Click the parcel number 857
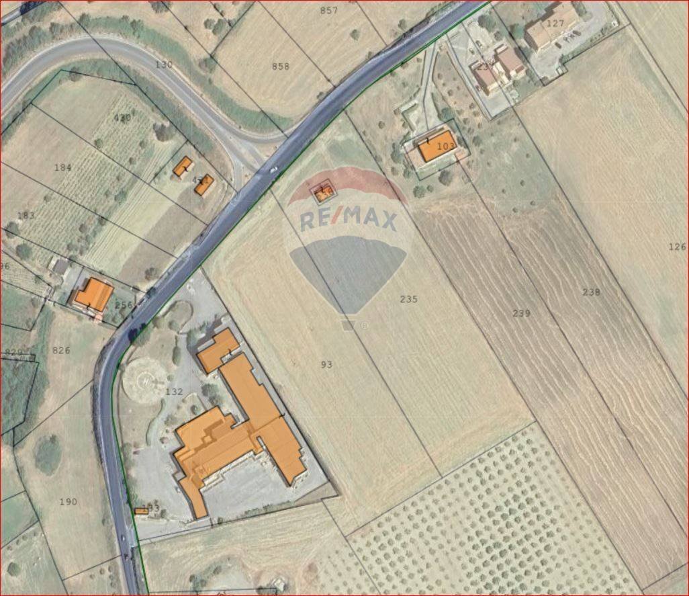tap(329, 10)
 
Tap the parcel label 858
tap(281, 66)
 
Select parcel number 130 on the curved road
tap(164, 65)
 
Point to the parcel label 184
tap(62, 167)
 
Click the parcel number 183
tap(26, 215)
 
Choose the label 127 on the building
tap(555, 23)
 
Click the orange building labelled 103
tap(437, 149)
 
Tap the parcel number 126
tap(677, 247)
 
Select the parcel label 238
tap(591, 292)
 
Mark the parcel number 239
tap(521, 313)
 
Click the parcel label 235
tap(408, 299)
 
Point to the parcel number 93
tap(326, 364)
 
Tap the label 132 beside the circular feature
tap(173, 391)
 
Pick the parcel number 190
tap(68, 501)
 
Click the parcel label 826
tap(61, 350)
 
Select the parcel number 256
tap(124, 305)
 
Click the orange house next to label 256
tap(93, 295)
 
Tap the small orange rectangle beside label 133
tap(141, 511)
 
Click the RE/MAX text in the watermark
tap(349, 220)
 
